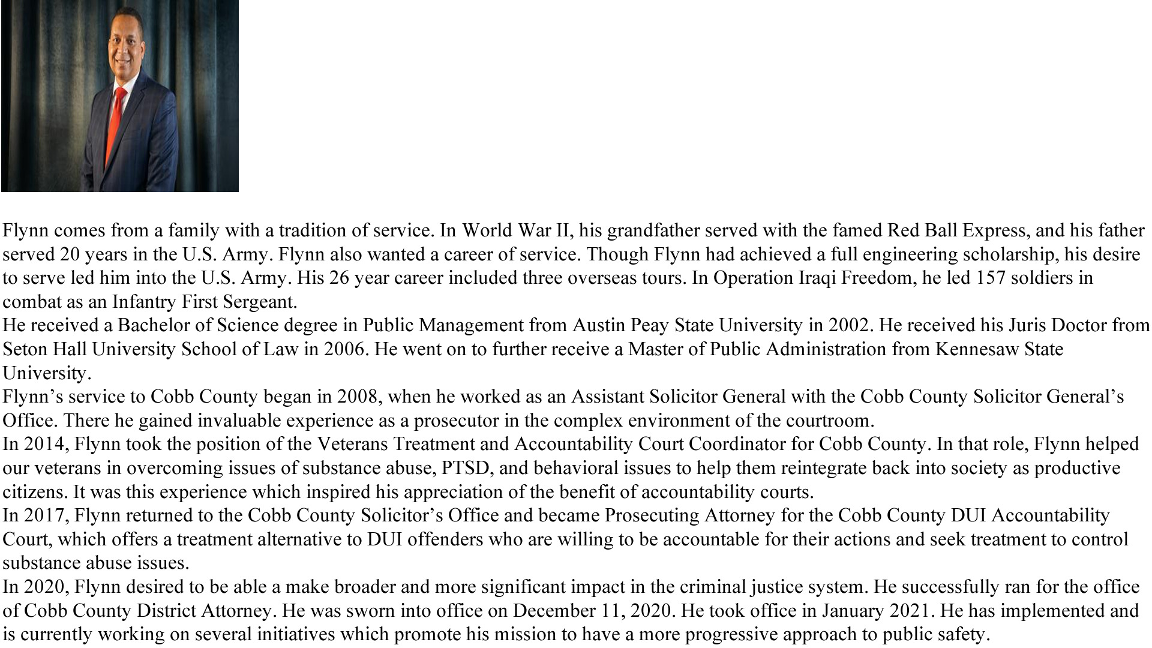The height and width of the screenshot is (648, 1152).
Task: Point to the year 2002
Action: click(x=848, y=325)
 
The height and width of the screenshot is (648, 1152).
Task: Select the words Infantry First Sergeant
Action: click(x=204, y=302)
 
